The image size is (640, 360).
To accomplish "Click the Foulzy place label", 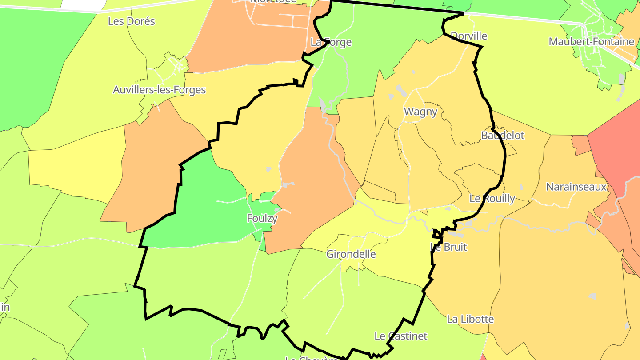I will click(x=262, y=218).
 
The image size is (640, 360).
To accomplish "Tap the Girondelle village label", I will click(x=351, y=254).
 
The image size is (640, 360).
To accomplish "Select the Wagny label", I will click(x=420, y=112).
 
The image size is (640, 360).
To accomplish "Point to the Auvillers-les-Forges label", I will click(x=159, y=90).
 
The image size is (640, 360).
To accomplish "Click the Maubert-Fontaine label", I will click(x=591, y=42).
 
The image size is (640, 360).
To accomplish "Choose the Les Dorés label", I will click(x=132, y=21).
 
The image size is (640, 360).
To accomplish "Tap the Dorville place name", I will click(x=469, y=36).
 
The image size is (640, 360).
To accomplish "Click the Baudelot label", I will click(x=503, y=135).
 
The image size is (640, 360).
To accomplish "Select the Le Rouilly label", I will click(x=492, y=199).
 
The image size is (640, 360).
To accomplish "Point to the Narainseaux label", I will click(x=576, y=187).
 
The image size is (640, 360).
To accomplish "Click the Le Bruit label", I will click(x=449, y=247).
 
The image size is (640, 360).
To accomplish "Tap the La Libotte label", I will click(x=470, y=319).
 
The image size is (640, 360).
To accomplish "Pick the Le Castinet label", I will click(x=400, y=336).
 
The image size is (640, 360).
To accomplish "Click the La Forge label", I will click(x=331, y=42).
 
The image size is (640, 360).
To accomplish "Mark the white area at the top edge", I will click(x=82, y=4).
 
